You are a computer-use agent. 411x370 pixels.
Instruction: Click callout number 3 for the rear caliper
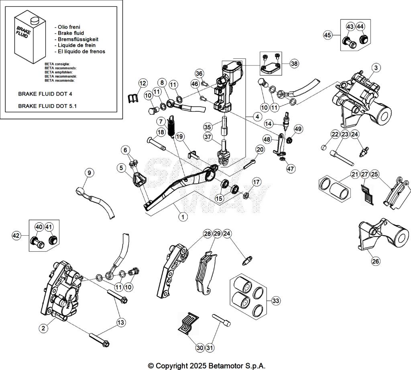[x=375, y=68]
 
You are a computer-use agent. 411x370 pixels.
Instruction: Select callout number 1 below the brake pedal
[x=183, y=217]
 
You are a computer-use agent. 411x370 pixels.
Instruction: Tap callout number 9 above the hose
[x=90, y=173]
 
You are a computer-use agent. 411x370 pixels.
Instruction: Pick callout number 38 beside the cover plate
[x=294, y=64]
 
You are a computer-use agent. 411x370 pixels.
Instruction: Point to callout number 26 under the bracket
[x=375, y=261]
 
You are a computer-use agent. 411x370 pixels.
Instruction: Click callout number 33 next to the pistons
[x=275, y=300]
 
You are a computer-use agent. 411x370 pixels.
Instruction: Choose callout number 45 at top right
[x=328, y=35]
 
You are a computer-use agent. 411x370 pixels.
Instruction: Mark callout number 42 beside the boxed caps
[x=16, y=235]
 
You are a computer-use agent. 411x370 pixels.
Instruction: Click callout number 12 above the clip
[x=142, y=83]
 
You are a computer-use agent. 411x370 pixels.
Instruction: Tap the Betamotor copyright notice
[x=207, y=366]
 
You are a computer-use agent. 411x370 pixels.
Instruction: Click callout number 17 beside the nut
[x=256, y=182]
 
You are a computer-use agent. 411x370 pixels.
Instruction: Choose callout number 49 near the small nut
[x=298, y=129]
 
